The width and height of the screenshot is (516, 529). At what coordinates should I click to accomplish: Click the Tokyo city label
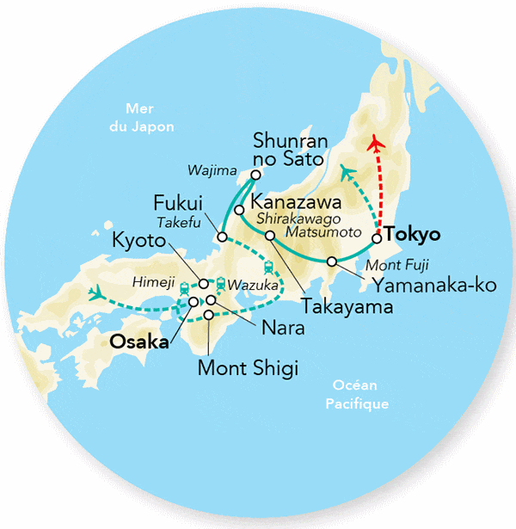pyautogui.click(x=413, y=234)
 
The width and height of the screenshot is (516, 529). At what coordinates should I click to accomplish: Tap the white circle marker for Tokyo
pyautogui.click(x=377, y=238)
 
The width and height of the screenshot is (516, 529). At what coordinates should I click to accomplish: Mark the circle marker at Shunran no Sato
pyautogui.click(x=255, y=176)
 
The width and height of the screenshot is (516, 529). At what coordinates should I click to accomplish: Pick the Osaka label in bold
pyautogui.click(x=138, y=341)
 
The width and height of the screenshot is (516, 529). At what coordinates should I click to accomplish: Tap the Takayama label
pyautogui.click(x=336, y=305)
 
